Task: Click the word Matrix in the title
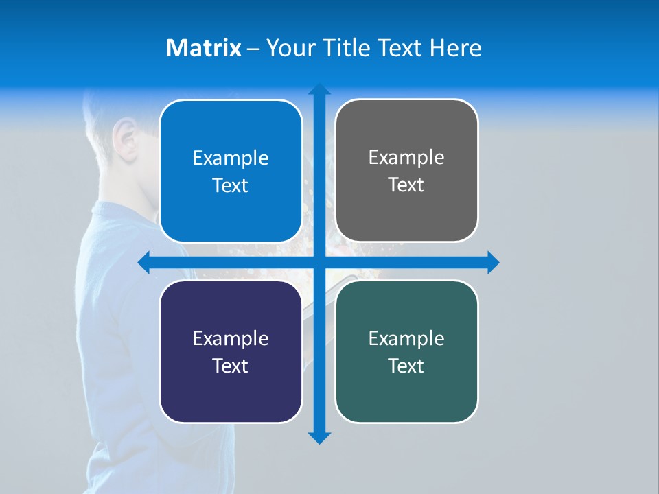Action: pyautogui.click(x=204, y=48)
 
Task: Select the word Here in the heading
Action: pyautogui.click(x=456, y=48)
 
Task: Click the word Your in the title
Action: pyautogui.click(x=287, y=48)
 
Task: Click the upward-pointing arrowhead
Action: pyautogui.click(x=319, y=90)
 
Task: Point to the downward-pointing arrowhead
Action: pyautogui.click(x=319, y=437)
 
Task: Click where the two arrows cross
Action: pyautogui.click(x=319, y=262)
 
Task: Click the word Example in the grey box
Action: pyautogui.click(x=406, y=158)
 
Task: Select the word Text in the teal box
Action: pyautogui.click(x=406, y=366)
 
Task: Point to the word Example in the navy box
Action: pyautogui.click(x=231, y=338)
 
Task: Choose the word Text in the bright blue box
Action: pyautogui.click(x=231, y=186)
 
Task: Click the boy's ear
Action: pyautogui.click(x=124, y=134)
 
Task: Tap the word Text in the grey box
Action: pyautogui.click(x=406, y=185)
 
